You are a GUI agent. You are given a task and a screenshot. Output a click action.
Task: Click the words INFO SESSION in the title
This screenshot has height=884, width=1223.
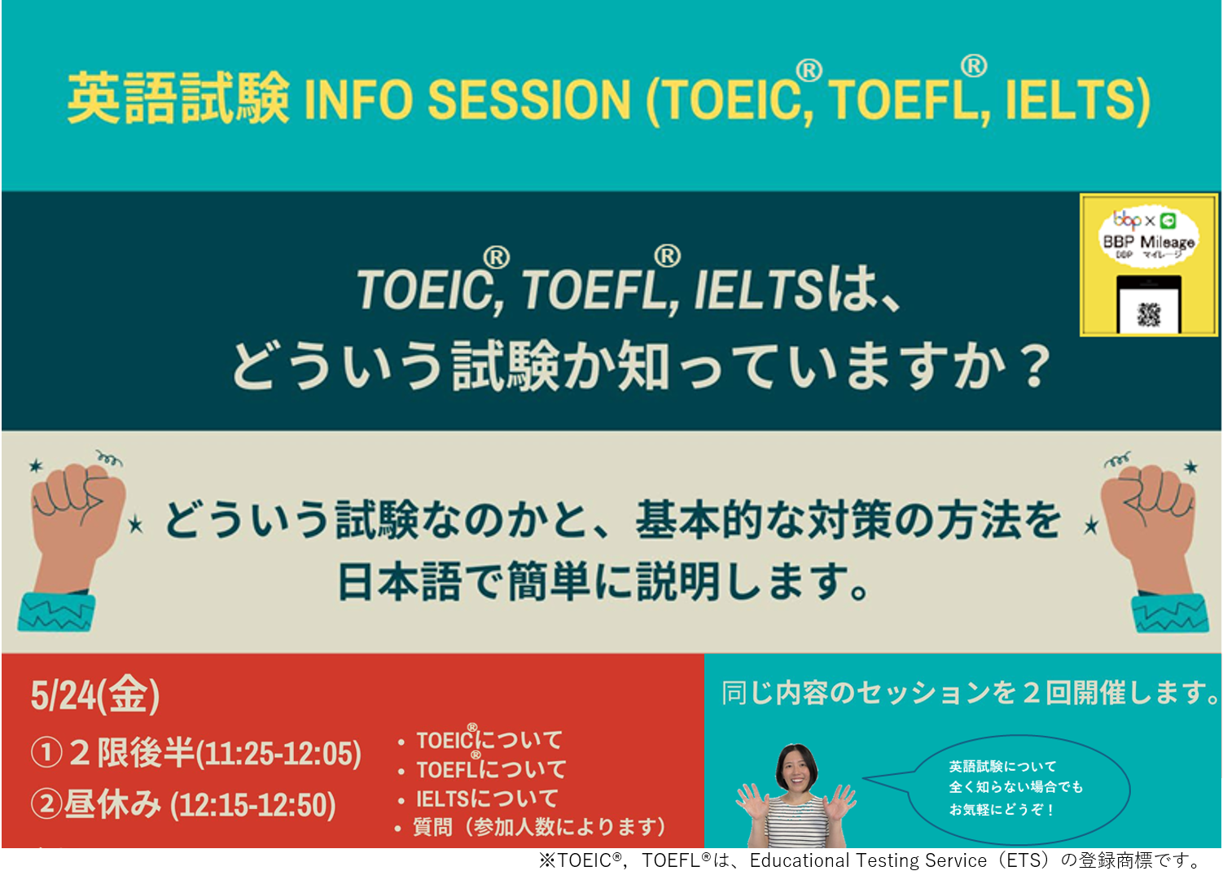(467, 99)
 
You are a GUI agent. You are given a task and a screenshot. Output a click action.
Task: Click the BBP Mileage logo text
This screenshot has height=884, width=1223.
(1149, 241)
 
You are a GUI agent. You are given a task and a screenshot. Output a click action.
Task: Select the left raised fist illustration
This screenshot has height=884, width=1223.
(71, 540)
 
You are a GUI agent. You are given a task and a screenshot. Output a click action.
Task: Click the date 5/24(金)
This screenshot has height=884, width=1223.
(95, 694)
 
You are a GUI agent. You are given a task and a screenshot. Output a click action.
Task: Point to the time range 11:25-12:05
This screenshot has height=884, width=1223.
(278, 754)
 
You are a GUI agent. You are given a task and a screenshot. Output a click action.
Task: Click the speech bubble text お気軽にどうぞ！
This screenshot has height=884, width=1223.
(1002, 809)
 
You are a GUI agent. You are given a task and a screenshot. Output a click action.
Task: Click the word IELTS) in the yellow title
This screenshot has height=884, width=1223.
(1078, 100)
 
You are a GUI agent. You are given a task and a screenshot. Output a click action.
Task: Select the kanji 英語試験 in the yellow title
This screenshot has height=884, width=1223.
(178, 98)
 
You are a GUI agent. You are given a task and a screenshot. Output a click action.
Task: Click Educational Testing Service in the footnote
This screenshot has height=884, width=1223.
(868, 860)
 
